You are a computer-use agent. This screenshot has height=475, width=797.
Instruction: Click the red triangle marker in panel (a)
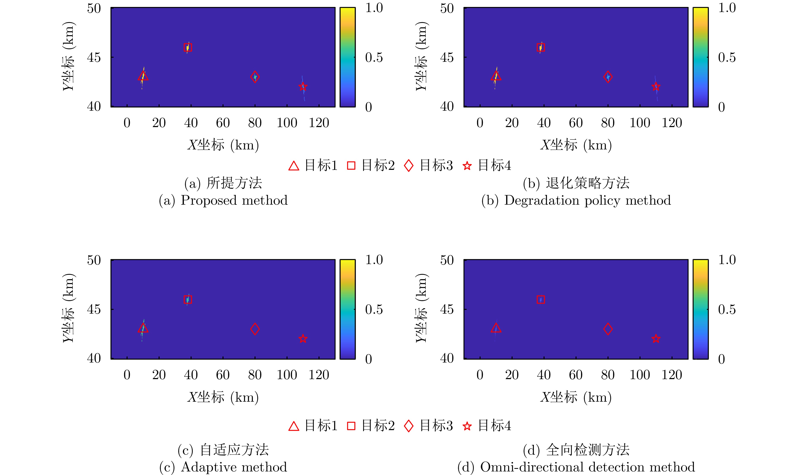tap(143, 76)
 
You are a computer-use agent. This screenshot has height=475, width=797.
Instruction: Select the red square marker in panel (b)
tap(541, 47)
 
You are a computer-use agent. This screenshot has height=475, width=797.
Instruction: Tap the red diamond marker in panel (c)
tap(255, 329)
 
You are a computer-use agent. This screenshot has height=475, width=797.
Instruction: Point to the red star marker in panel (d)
tap(656, 339)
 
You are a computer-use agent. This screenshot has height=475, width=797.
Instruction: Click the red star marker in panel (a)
tap(303, 86)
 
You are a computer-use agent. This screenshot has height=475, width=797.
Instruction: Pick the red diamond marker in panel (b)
tap(608, 77)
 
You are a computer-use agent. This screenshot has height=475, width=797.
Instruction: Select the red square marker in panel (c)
tap(188, 300)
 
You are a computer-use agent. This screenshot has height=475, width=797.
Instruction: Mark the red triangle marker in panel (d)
tap(496, 328)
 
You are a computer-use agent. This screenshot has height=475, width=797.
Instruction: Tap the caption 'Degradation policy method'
tap(587, 200)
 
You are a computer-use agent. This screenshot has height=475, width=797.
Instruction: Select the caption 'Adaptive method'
tap(234, 467)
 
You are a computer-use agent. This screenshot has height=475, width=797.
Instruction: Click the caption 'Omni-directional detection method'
tap(587, 467)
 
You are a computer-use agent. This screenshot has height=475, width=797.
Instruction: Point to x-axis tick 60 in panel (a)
tap(223, 123)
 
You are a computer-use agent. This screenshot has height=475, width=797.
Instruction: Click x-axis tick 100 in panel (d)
tap(640, 375)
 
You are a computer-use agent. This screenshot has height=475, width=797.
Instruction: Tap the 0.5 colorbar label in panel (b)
tap(727, 58)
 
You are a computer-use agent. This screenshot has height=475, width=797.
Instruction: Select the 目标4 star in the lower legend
tap(467, 426)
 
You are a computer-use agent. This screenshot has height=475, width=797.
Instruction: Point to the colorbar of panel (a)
tap(347, 57)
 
